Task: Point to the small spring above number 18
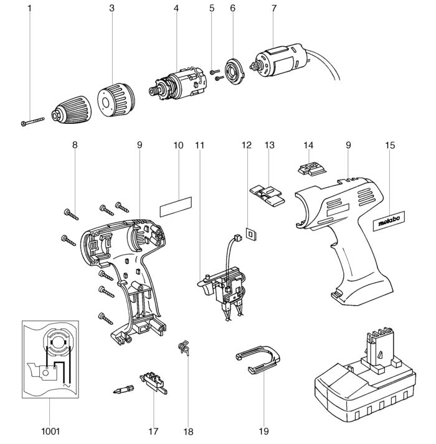[184, 347]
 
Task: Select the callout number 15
[391, 146]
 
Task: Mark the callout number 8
[75, 146]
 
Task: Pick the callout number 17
[154, 430]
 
